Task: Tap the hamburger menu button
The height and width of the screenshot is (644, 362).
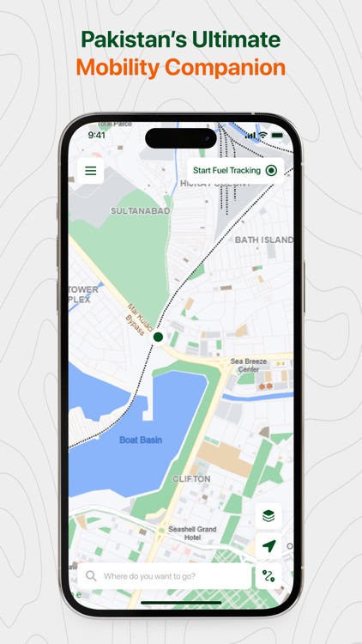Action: (x=91, y=170)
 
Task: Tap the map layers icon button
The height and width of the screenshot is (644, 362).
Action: (x=268, y=516)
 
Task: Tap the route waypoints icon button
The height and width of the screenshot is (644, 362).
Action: (x=268, y=575)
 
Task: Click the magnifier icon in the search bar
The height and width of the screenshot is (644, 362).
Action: (x=91, y=575)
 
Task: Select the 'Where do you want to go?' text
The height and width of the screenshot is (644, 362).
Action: (x=149, y=576)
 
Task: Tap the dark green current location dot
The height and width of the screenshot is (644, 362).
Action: (x=158, y=337)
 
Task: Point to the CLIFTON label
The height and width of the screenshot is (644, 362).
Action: (x=191, y=478)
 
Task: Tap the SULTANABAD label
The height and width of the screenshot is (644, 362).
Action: (x=141, y=210)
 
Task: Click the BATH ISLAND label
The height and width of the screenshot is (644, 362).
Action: (x=263, y=240)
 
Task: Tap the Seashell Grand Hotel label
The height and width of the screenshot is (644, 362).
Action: (x=192, y=533)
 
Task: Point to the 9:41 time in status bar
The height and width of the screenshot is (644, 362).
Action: (x=97, y=135)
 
